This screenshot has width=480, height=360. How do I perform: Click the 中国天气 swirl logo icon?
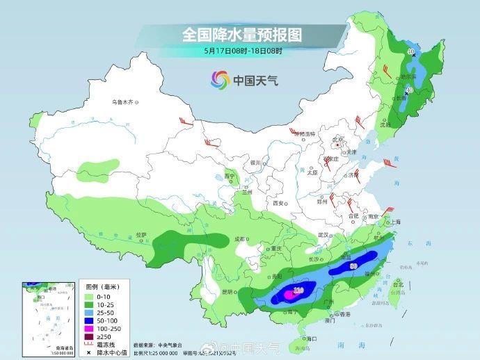tap(220, 79)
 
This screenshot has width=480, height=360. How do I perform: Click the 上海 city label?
tap(396, 222)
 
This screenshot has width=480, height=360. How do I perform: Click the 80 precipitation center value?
tap(354, 265)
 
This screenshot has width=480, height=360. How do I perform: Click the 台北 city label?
tap(398, 285)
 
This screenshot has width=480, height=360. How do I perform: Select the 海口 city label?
tap(311, 338)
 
